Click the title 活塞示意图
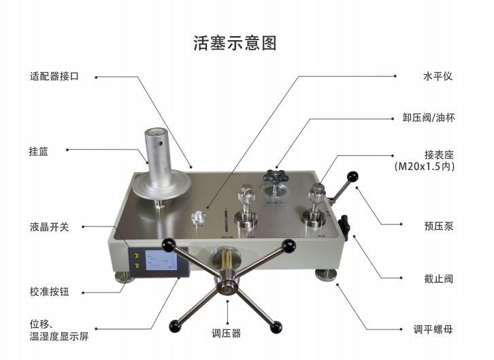click(x=235, y=44)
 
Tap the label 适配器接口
click(x=54, y=77)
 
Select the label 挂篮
click(x=39, y=151)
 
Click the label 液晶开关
click(x=50, y=227)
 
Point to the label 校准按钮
click(x=50, y=293)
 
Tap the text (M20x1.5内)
click(x=424, y=166)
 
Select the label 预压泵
click(x=438, y=226)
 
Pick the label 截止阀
click(x=438, y=278)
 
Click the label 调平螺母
click(x=433, y=329)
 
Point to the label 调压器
click(x=227, y=333)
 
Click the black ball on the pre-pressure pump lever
click(x=353, y=177)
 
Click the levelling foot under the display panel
click(x=124, y=276)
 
